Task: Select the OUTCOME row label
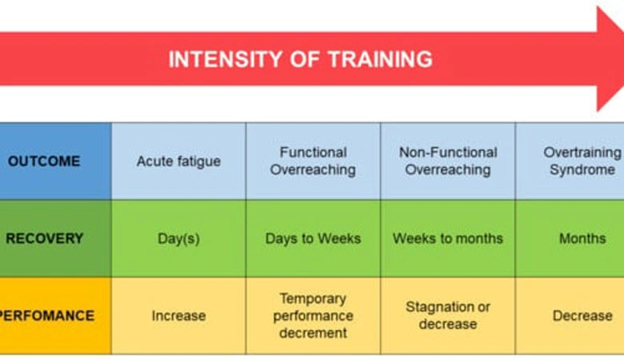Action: pyautogui.click(x=44, y=161)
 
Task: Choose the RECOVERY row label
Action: pyautogui.click(x=44, y=238)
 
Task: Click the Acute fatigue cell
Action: pyautogui.click(x=178, y=161)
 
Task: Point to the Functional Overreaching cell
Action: pyautogui.click(x=313, y=161)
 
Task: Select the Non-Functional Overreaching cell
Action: pyautogui.click(x=447, y=161)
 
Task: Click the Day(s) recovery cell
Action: pyautogui.click(x=178, y=238)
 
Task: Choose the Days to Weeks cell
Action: pyautogui.click(x=313, y=238)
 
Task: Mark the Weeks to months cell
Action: pyautogui.click(x=447, y=238)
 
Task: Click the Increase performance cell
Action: pyautogui.click(x=178, y=315)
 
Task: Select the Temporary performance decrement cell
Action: pyautogui.click(x=313, y=315)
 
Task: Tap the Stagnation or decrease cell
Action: pyautogui.click(x=447, y=315)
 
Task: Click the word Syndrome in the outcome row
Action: pyautogui.click(x=582, y=170)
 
